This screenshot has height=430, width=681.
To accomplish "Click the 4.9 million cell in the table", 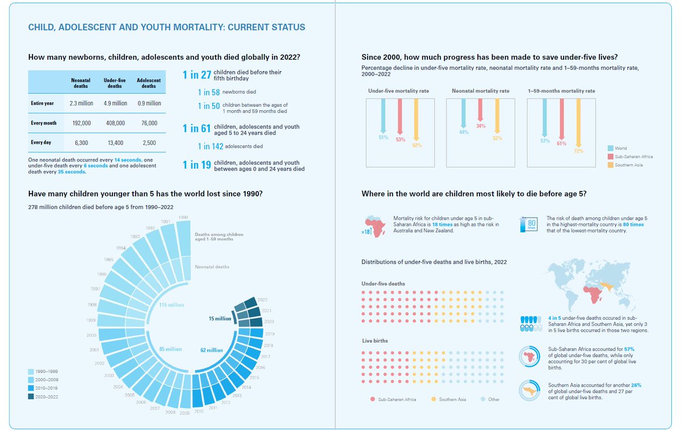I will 116,103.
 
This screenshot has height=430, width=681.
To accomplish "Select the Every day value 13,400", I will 116,143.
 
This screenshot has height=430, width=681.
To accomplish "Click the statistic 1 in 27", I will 196,74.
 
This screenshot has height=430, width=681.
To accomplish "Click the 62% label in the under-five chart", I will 417,145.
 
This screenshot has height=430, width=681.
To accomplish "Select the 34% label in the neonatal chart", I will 481,126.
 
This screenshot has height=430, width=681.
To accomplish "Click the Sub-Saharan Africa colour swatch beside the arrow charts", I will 610,156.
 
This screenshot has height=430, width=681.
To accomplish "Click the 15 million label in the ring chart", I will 219,319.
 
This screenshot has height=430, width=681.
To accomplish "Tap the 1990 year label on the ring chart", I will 183,218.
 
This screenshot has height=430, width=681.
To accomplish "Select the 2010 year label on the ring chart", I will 198,411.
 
